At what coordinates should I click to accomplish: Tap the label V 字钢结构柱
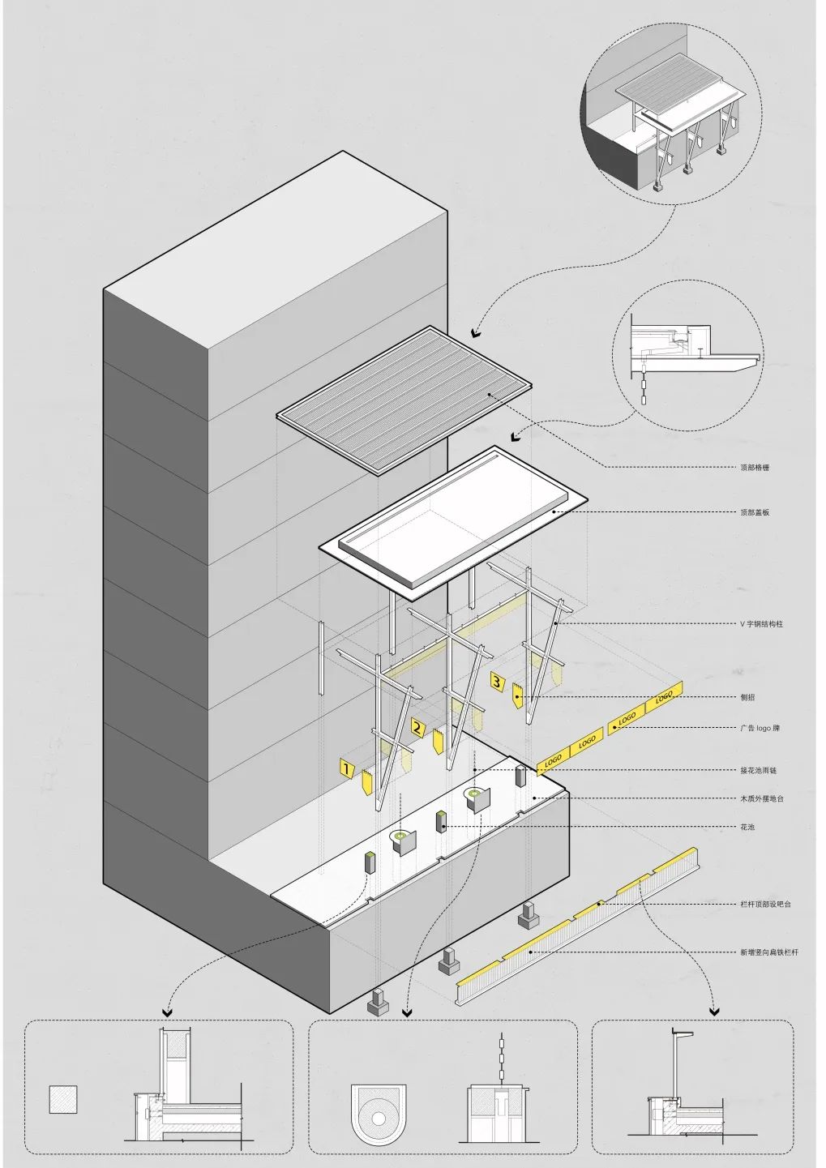pyautogui.click(x=761, y=624)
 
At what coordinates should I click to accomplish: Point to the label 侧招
pyautogui.click(x=747, y=697)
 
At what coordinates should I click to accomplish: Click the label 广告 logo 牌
pyautogui.click(x=760, y=728)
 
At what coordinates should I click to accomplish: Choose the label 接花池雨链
pyautogui.click(x=758, y=770)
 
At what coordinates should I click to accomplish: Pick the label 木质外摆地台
pyautogui.click(x=761, y=798)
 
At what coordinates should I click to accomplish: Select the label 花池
pyautogui.click(x=747, y=827)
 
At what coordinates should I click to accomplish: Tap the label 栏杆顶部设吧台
pyautogui.click(x=765, y=904)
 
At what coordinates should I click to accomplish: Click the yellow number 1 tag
pyautogui.click(x=347, y=768)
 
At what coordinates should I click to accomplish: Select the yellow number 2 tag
pyautogui.click(x=418, y=727)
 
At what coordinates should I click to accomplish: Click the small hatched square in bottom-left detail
pyautogui.click(x=63, y=1099)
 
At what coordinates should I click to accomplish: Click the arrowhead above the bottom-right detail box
pyautogui.click(x=714, y=1011)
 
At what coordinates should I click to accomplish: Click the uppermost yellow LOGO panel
pyautogui.click(x=665, y=695)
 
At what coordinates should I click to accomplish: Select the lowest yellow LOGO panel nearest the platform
pyautogui.click(x=553, y=761)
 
